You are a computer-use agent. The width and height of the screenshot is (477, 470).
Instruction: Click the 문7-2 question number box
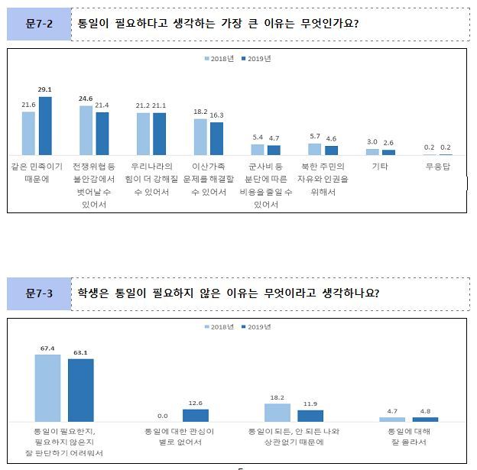(x=39, y=24)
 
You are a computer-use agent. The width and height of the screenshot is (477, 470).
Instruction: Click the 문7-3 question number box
(x=39, y=294)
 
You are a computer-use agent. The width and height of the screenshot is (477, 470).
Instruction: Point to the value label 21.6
(x=28, y=104)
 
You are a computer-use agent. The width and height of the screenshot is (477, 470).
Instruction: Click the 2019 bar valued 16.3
(x=216, y=138)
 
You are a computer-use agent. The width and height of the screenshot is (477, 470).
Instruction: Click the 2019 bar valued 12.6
(x=195, y=415)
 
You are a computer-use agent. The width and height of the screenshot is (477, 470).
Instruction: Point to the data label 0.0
(x=162, y=415)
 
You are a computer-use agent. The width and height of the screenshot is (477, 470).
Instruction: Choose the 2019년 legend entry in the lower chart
(x=257, y=327)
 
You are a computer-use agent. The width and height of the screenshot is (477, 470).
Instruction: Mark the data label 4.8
(x=426, y=410)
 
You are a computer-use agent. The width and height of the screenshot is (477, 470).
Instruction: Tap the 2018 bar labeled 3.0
(x=372, y=152)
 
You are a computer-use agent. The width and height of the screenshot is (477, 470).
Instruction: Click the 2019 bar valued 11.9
(x=310, y=416)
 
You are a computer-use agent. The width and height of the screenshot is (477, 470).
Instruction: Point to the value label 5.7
(x=314, y=136)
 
